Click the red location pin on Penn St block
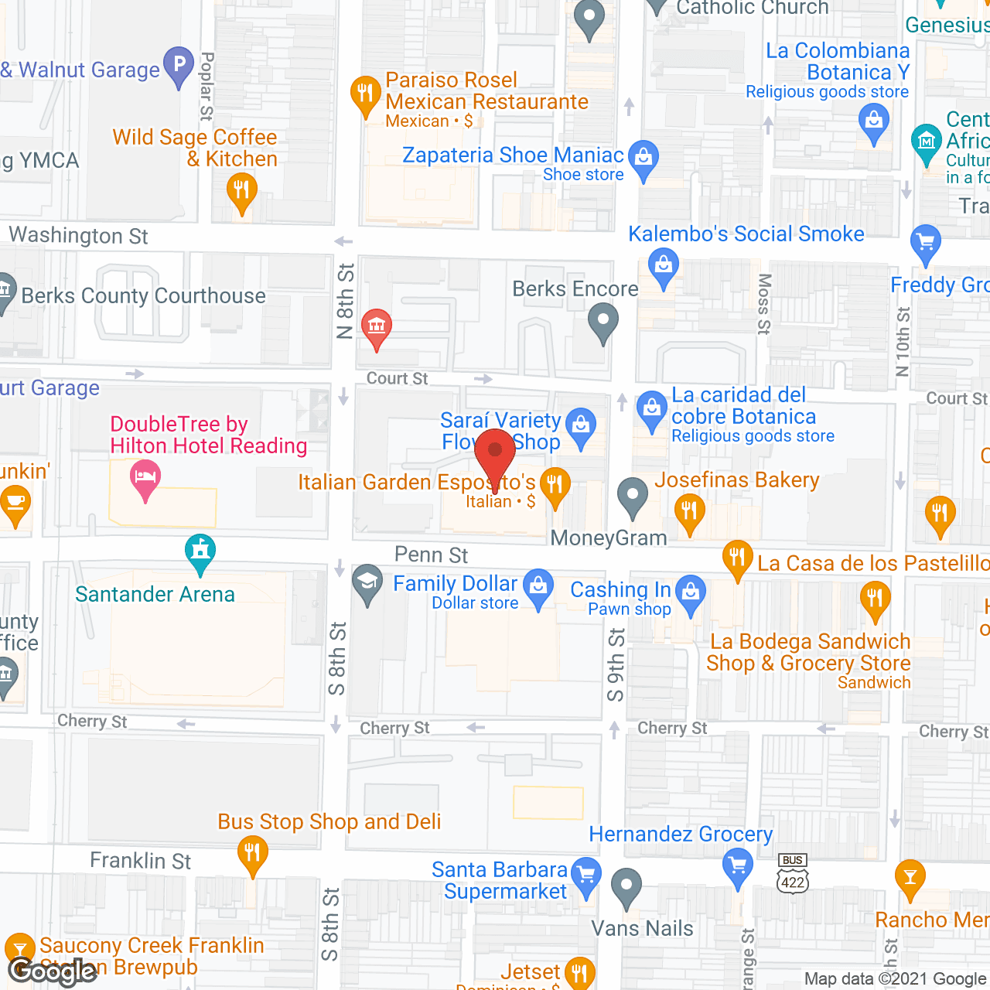(495, 453)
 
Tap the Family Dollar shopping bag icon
(538, 587)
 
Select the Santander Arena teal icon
(200, 551)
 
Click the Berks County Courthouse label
(143, 295)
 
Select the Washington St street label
(78, 235)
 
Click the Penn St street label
(431, 555)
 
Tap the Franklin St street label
(140, 861)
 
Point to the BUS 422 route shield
(793, 875)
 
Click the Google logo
(53, 971)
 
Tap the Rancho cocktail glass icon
(910, 878)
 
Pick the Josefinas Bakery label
(736, 480)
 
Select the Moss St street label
(764, 303)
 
